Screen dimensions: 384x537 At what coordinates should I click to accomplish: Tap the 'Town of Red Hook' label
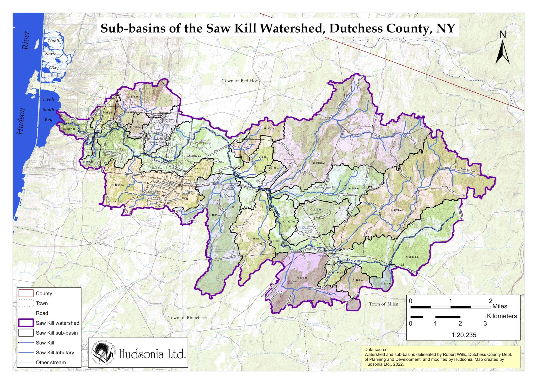[x=241, y=81]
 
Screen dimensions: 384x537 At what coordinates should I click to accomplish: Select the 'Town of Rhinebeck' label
[x=187, y=317]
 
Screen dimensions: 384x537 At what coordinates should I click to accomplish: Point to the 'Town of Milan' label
[x=384, y=304]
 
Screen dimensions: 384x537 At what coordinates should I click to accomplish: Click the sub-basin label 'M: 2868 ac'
[x=319, y=163]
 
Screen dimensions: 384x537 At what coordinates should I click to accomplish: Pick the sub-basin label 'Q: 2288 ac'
[x=396, y=210]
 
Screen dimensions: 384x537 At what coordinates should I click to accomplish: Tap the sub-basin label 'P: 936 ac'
[x=302, y=278]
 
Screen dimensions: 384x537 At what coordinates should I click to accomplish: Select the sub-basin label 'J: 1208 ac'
[x=215, y=215]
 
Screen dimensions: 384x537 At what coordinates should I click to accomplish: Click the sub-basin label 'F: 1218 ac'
[x=117, y=185]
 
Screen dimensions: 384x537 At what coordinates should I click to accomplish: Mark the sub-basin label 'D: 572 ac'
[x=133, y=97]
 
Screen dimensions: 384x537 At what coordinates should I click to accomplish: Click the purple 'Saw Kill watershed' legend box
[x=26, y=323]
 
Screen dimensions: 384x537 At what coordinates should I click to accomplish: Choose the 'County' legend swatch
[x=26, y=293]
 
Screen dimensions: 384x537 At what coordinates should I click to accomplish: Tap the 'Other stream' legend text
[x=51, y=362]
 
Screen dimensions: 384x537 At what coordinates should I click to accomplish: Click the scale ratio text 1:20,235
[x=464, y=335]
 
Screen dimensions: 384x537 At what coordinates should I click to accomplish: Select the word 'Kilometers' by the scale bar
[x=502, y=316]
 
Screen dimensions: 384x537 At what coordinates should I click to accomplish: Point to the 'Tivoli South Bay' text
[x=48, y=109]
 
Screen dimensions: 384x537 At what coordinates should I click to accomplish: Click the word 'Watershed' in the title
[x=291, y=28]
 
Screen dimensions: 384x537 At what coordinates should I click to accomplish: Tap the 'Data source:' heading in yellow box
[x=376, y=350]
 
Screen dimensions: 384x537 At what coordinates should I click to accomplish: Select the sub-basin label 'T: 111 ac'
[x=386, y=283]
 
